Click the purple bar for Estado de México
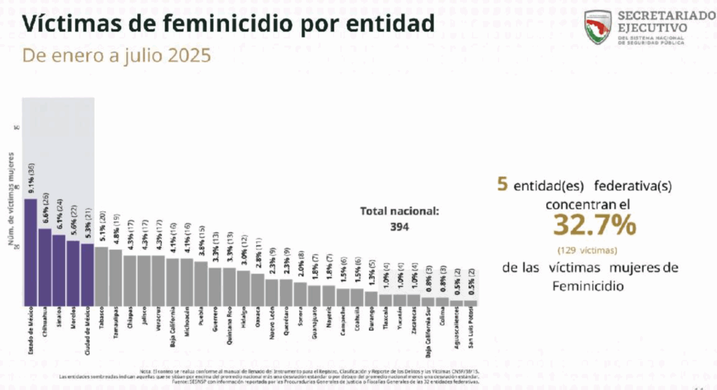(x=31, y=252)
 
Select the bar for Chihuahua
(x=45, y=267)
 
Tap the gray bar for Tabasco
(x=102, y=276)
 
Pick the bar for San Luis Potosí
(x=471, y=302)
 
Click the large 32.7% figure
(x=594, y=225)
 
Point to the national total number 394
(x=398, y=226)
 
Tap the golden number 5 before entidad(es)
(x=501, y=184)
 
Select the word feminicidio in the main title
(x=206, y=24)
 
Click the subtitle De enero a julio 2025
(x=117, y=56)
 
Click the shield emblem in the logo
(x=599, y=27)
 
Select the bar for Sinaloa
(x=59, y=270)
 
